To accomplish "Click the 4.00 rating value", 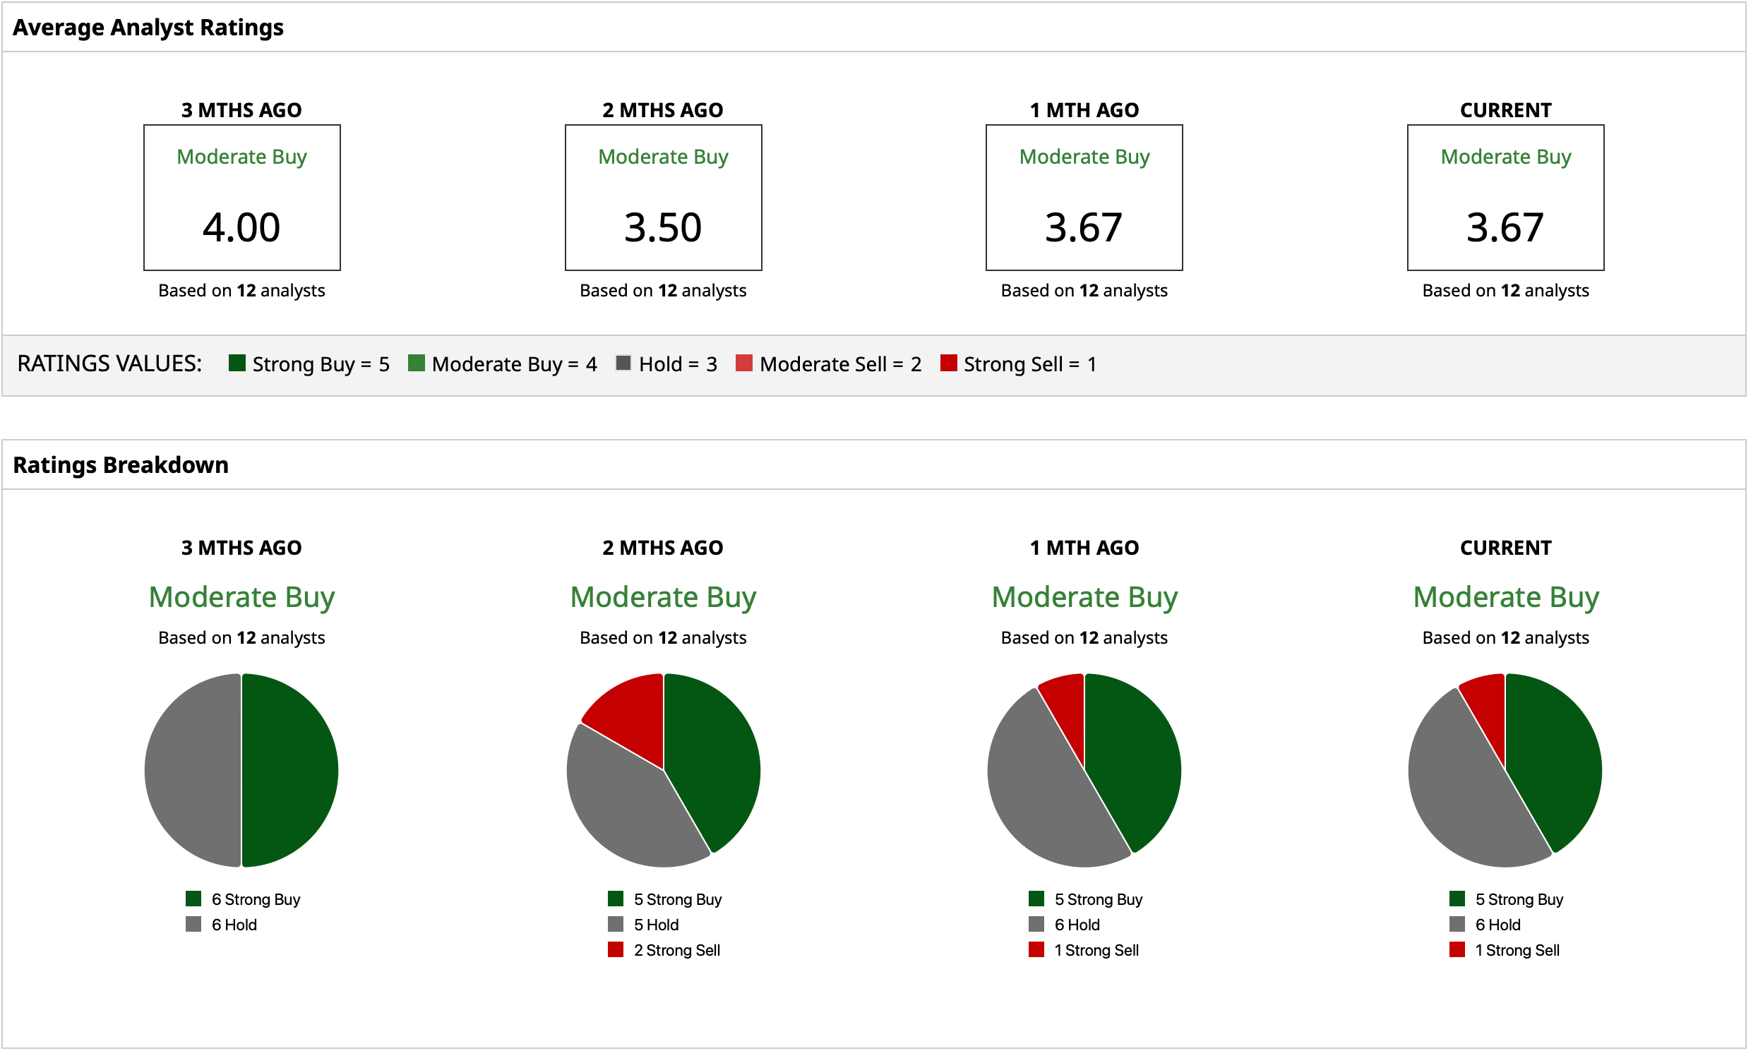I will click(243, 228).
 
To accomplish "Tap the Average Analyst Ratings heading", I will click(148, 27).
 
